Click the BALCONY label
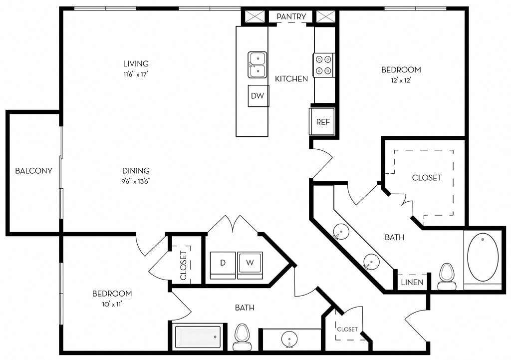click(33, 171)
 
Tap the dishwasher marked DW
click(258, 96)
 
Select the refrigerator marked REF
click(322, 121)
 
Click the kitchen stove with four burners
click(324, 65)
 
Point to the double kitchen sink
click(257, 64)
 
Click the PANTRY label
click(291, 16)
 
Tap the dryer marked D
click(223, 265)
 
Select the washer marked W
click(250, 265)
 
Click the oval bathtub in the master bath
click(483, 257)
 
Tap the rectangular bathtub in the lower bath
click(198, 337)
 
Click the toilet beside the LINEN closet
click(446, 277)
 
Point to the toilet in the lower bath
click(242, 337)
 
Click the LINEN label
click(412, 283)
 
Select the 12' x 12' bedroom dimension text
click(401, 80)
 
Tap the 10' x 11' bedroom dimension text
click(112, 305)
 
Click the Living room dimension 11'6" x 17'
click(136, 74)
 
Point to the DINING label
click(136, 171)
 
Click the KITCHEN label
click(291, 78)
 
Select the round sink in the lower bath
click(289, 339)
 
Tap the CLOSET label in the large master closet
click(427, 178)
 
